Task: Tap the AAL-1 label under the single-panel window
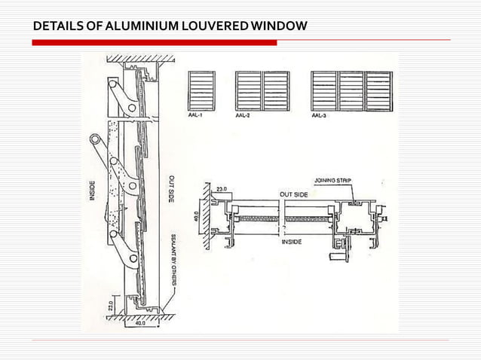tap(195, 117)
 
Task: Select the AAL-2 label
tap(244, 117)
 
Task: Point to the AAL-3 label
tap(320, 117)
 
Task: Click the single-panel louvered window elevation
tap(201, 92)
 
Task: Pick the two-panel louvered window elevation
tap(262, 92)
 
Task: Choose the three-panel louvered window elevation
tap(351, 92)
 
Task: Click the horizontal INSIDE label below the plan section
tap(293, 242)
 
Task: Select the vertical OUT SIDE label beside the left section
tap(172, 188)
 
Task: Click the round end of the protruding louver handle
tap(95, 139)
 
